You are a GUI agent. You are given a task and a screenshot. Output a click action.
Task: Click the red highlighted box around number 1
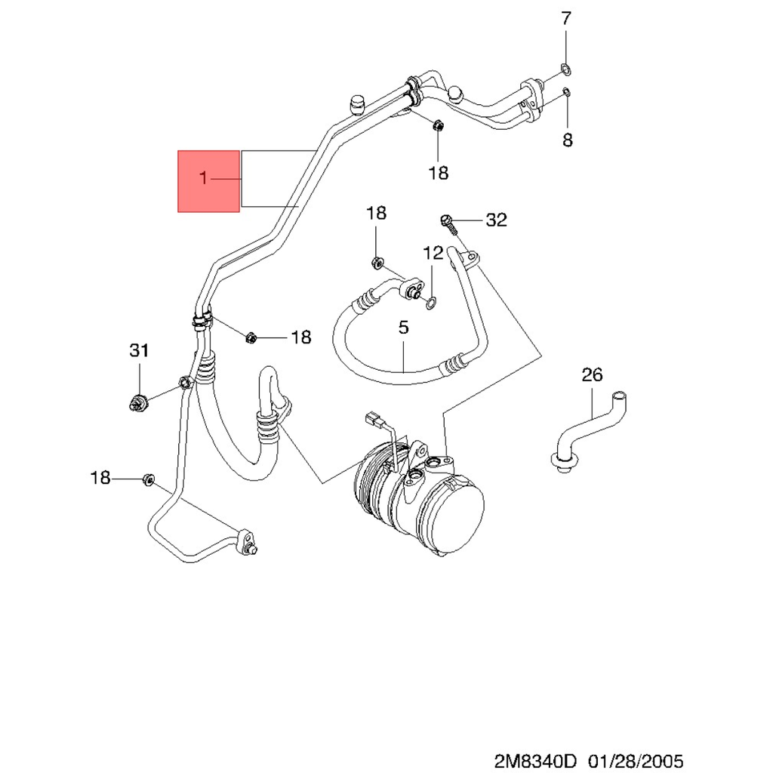[x=208, y=181]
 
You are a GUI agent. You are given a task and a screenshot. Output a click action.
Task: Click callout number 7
[x=566, y=19]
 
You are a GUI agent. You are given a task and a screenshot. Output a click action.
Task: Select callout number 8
[x=568, y=140]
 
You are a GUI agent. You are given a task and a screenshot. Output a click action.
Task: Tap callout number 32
[x=497, y=220]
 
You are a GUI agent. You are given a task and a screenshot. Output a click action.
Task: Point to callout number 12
[x=433, y=253]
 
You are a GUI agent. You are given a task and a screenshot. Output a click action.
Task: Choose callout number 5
[x=403, y=328]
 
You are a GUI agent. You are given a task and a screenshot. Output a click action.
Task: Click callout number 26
[x=592, y=374]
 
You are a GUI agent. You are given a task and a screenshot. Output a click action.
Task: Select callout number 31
[x=139, y=350]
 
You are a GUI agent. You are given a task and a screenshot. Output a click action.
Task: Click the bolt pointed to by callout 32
[x=449, y=224]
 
